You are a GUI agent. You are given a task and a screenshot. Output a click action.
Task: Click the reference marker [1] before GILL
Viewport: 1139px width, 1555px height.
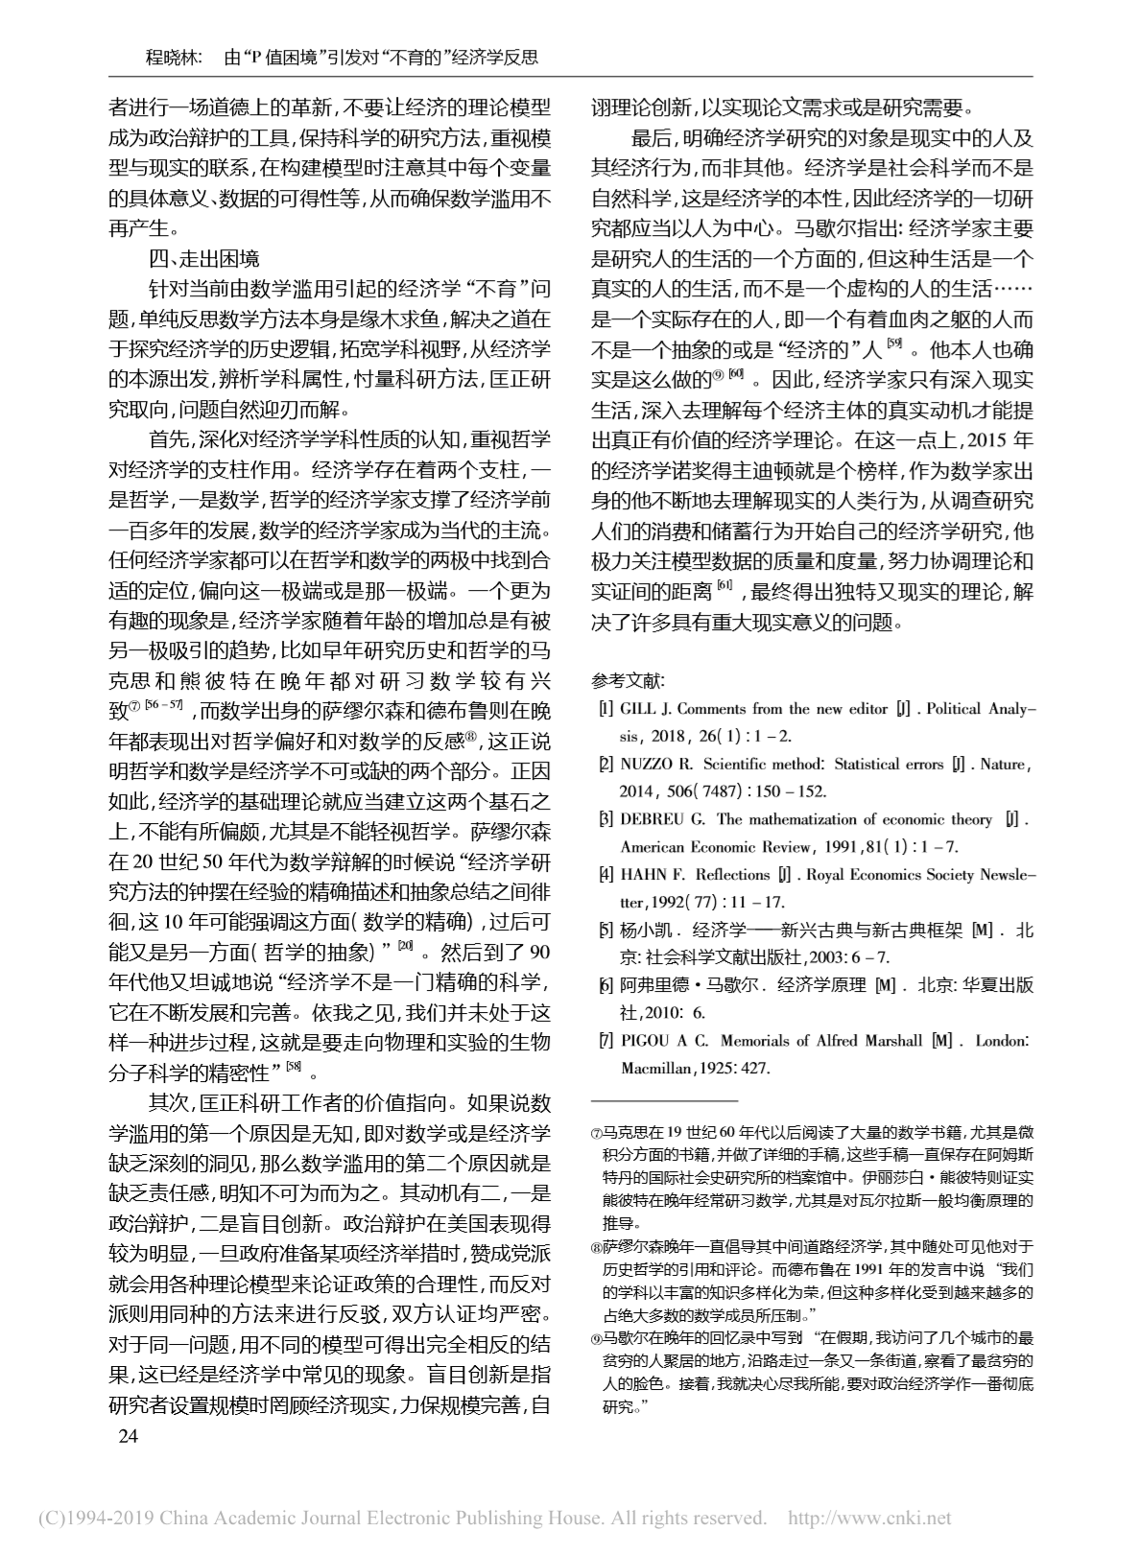605,710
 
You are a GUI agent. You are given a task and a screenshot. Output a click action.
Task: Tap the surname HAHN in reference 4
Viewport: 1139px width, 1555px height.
643,875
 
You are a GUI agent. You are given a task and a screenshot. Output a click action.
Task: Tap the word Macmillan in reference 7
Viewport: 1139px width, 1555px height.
655,1068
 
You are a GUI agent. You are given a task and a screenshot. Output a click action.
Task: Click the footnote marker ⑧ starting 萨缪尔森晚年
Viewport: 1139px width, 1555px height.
597,1247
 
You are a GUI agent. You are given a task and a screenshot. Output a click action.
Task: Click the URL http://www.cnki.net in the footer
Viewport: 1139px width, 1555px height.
868,1519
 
